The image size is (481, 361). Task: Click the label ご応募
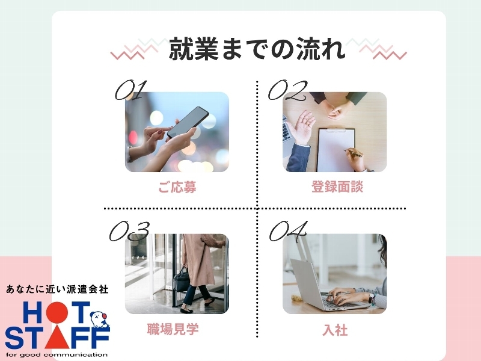click(x=177, y=187)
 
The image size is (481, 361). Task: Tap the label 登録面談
click(x=337, y=187)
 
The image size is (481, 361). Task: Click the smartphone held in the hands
click(x=188, y=123)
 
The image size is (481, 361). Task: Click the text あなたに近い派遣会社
click(x=57, y=289)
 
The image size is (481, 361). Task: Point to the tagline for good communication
click(x=57, y=355)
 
